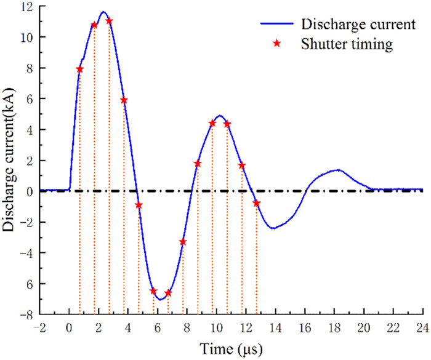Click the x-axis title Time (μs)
tap(233, 350)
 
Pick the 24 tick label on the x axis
tap(422, 327)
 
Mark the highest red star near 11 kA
tap(109, 21)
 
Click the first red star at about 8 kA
tap(79, 69)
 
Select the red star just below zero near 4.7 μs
tap(139, 205)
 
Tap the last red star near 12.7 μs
tap(257, 203)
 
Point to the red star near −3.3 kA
tap(183, 242)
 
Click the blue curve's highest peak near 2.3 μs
tap(103, 12)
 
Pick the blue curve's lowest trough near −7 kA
tap(160, 300)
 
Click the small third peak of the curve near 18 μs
tap(337, 170)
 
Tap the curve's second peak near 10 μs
tap(220, 116)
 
